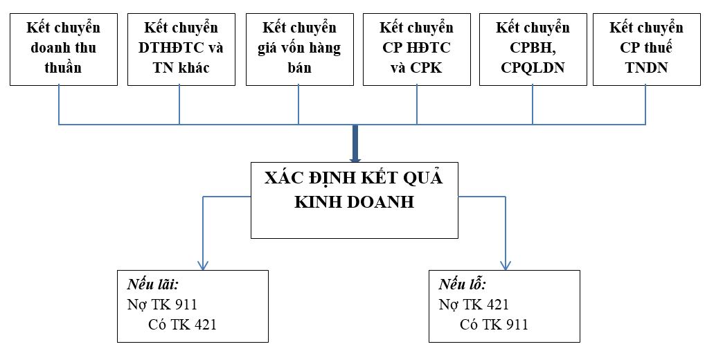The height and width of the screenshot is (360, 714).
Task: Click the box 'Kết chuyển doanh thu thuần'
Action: [x=64, y=49]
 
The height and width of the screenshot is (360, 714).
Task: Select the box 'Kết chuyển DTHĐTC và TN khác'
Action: [x=181, y=49]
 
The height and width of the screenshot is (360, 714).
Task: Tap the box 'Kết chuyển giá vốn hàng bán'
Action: [x=300, y=49]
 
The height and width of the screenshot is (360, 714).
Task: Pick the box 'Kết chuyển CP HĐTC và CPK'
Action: [x=417, y=49]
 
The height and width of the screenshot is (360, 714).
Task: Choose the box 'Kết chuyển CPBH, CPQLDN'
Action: [x=533, y=49]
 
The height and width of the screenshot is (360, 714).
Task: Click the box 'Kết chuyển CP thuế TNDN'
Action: [x=647, y=49]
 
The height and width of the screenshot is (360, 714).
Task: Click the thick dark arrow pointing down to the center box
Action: [x=356, y=143]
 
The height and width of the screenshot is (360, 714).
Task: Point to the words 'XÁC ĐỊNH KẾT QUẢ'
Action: [x=354, y=178]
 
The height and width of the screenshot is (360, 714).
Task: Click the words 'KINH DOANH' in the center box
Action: [x=355, y=202]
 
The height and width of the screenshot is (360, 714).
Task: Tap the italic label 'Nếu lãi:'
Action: [x=152, y=285]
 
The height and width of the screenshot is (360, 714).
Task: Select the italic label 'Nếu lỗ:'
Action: [x=462, y=285]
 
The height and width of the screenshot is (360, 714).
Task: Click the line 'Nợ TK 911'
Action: [x=162, y=305]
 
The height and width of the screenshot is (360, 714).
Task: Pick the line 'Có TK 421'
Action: [x=182, y=325]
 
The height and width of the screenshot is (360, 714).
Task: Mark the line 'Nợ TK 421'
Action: [x=474, y=305]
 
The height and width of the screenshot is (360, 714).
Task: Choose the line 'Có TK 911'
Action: [x=494, y=325]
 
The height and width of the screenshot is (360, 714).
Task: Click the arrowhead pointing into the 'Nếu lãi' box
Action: [x=203, y=265]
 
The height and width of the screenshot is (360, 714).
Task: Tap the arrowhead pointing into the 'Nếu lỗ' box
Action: [x=506, y=265]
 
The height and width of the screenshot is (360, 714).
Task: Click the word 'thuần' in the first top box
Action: [x=63, y=68]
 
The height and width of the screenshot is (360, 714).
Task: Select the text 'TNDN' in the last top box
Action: [x=647, y=68]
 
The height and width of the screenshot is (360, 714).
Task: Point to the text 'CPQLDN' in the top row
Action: [x=533, y=68]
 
